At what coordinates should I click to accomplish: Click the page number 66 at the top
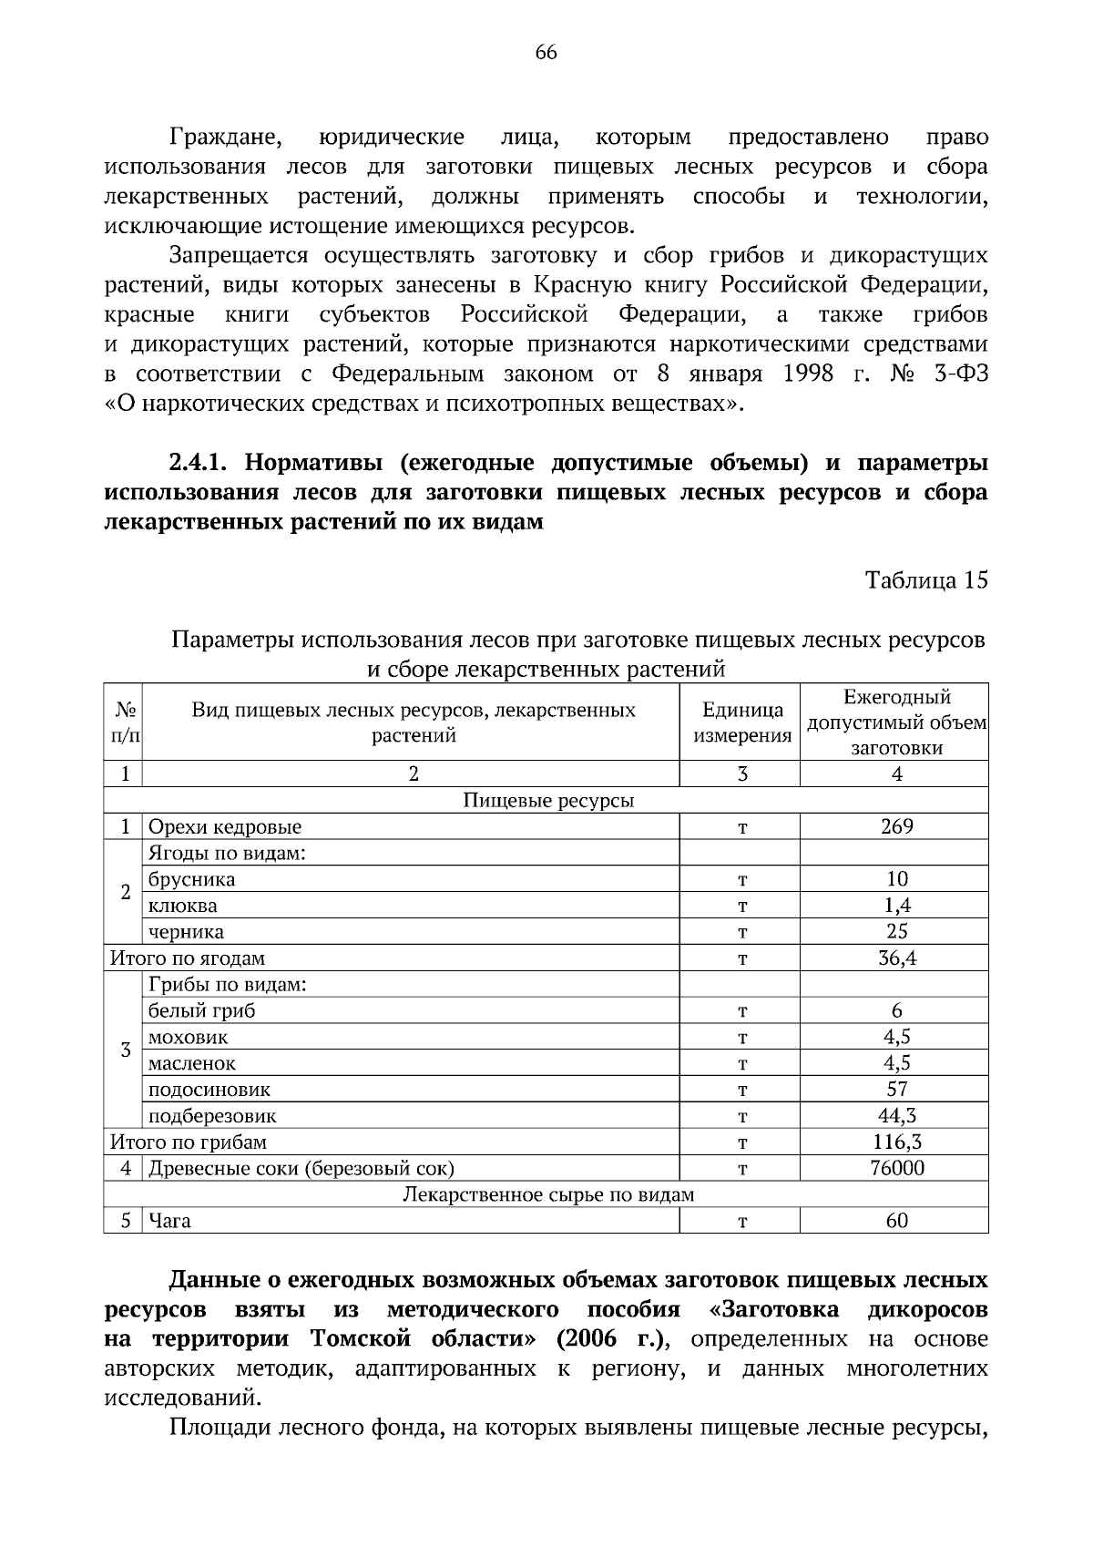pos(546,53)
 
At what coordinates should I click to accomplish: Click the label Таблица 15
pos(926,580)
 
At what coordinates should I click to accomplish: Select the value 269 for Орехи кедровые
pos(896,826)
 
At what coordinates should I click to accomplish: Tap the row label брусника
pos(191,879)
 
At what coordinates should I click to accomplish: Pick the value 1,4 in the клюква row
pos(896,906)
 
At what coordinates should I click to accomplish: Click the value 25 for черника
pos(896,931)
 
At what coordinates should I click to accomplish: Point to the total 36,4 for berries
pos(896,958)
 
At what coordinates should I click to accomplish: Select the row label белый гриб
pos(201,1010)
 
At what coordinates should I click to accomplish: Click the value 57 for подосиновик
pos(896,1089)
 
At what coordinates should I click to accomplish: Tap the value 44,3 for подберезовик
pos(896,1115)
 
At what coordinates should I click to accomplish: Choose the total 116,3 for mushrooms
pos(896,1142)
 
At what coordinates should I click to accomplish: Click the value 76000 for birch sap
pos(896,1168)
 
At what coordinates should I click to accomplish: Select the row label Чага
pos(169,1221)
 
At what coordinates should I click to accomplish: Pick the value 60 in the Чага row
pos(896,1221)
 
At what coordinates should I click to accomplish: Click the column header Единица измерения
pos(741,722)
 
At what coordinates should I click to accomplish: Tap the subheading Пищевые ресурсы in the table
pos(547,801)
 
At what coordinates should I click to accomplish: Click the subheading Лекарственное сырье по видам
pos(547,1194)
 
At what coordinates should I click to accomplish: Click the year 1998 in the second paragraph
pos(807,374)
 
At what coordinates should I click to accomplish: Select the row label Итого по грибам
pos(188,1142)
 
